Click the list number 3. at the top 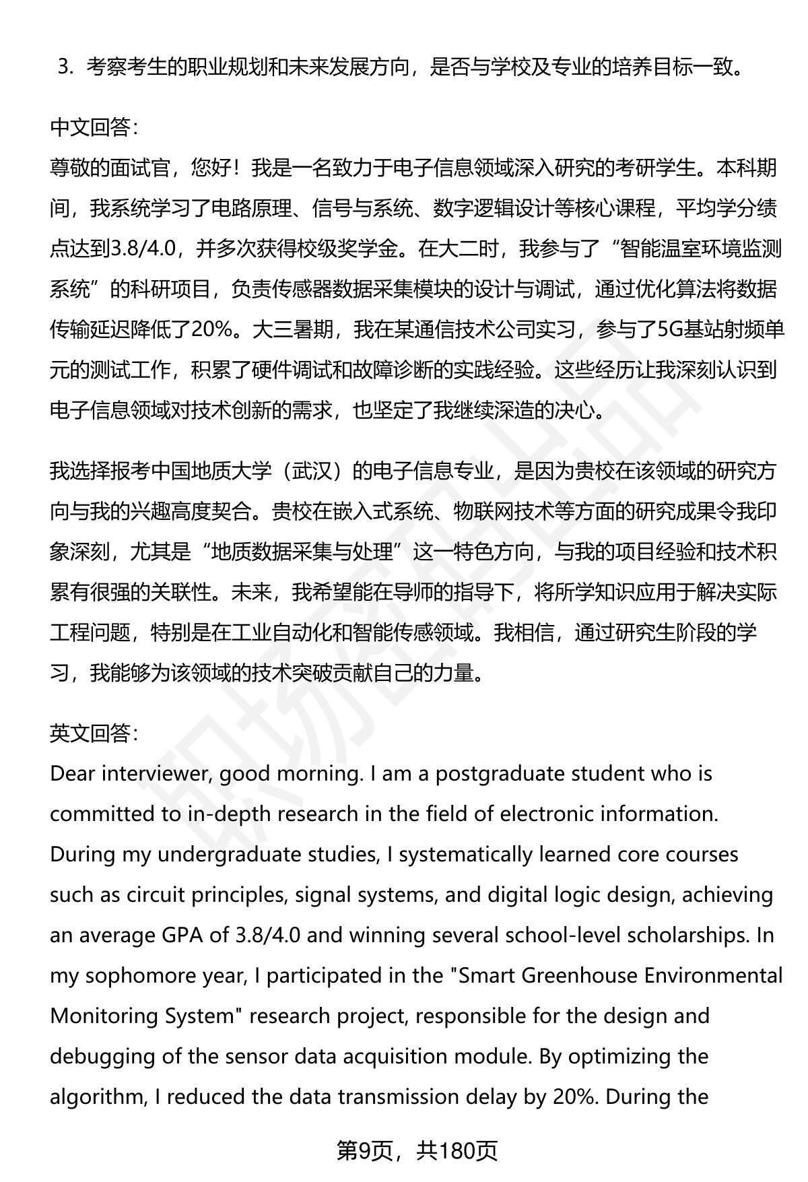tap(65, 67)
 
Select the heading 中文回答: tap(94, 127)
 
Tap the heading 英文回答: tap(94, 733)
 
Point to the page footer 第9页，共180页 tap(417, 1151)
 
